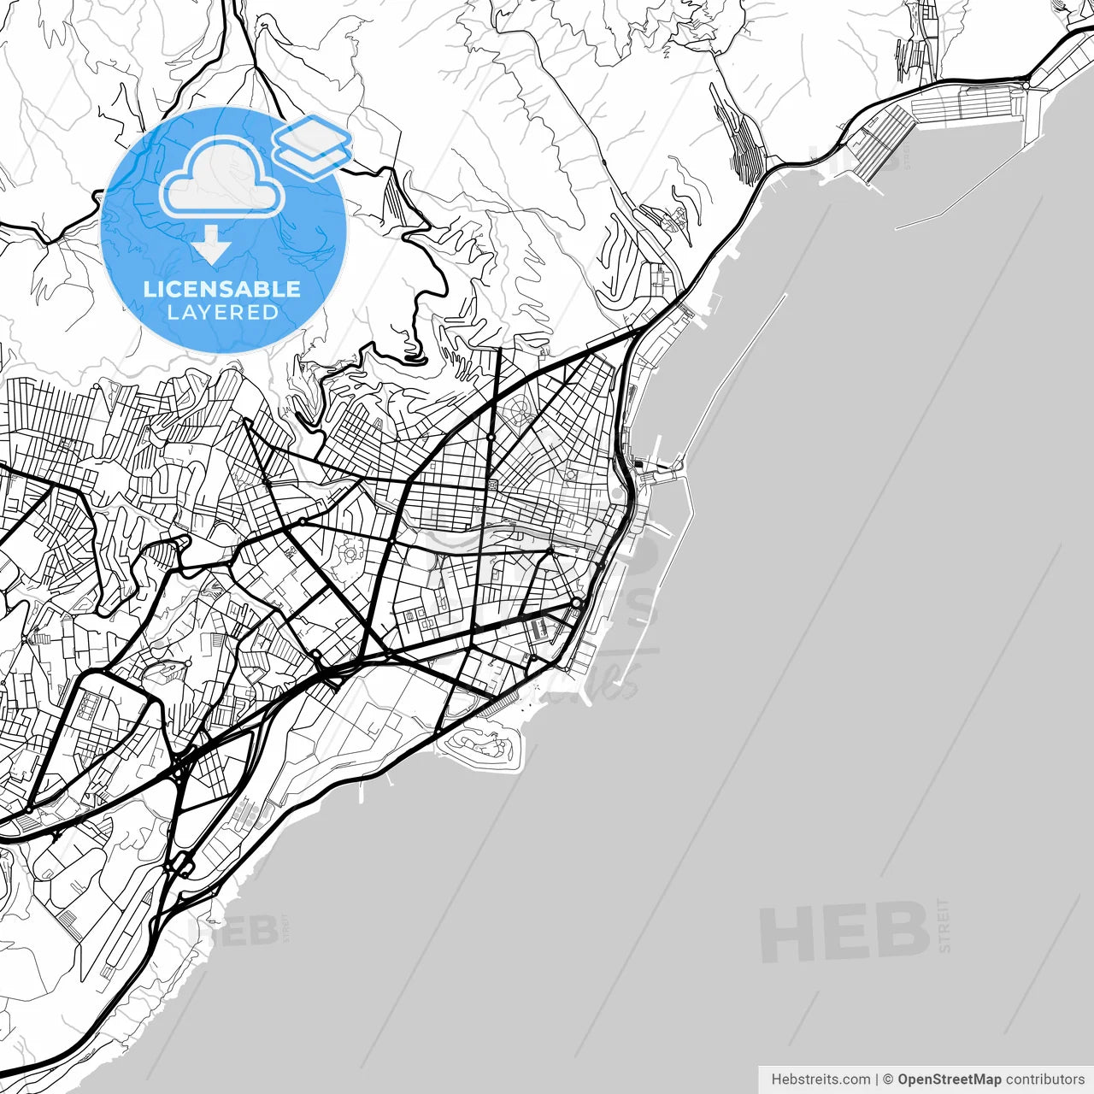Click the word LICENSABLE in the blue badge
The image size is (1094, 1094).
pos(222,289)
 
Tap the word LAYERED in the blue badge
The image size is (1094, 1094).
pos(222,313)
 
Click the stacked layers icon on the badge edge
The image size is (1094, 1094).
pos(312,145)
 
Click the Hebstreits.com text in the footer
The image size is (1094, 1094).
pos(820,1079)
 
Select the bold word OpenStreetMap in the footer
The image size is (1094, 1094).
pos(949,1079)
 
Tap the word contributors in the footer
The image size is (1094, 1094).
pos(1044,1079)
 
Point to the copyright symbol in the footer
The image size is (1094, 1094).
pos(888,1079)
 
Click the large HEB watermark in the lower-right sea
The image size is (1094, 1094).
pos(844,933)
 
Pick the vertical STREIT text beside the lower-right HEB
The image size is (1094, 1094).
pos(944,925)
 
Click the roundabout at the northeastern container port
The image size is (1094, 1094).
pos(1026,85)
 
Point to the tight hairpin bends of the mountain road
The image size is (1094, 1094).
pos(414,352)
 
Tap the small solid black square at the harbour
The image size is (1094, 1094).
pos(639,465)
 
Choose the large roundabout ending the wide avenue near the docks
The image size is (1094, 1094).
pos(577,603)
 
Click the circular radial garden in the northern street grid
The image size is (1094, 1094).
pos(519,412)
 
